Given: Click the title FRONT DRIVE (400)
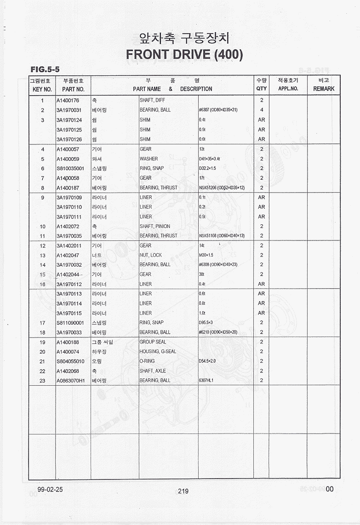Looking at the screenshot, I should (x=184, y=55).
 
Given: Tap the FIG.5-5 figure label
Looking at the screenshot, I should (x=45, y=69).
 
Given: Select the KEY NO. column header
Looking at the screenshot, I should (x=42, y=89).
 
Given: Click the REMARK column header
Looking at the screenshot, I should (x=324, y=89).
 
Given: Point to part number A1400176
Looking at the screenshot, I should (x=68, y=100).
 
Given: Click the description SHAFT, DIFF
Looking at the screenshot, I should (x=152, y=100).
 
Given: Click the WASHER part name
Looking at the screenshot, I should (x=149, y=159).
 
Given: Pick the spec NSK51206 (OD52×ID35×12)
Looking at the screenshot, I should (x=222, y=188).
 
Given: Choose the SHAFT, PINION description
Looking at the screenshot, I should (x=155, y=226).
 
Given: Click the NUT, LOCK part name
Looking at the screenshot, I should (x=151, y=255).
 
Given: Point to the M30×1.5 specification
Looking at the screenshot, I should (x=206, y=255).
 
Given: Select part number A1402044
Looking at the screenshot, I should (x=68, y=274).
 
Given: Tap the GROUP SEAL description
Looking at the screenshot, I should (x=153, y=342).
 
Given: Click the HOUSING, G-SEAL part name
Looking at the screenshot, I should (x=158, y=352).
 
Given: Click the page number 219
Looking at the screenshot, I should (x=183, y=491).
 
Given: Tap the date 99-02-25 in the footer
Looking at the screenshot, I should (x=47, y=489).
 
